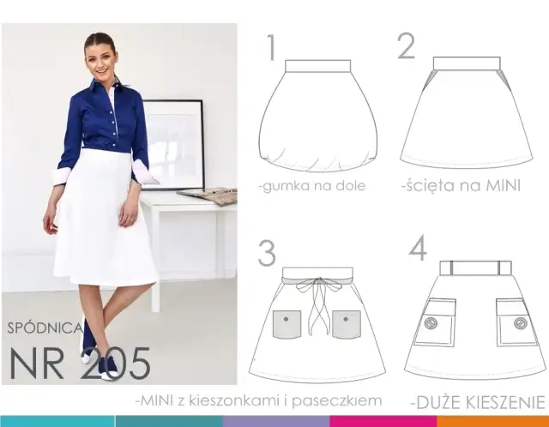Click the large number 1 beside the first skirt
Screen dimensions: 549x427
271,48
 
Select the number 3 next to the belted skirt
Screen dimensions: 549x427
267,253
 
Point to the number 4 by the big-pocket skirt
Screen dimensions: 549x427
418,248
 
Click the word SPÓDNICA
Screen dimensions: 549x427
45,328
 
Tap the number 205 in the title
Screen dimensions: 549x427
116,364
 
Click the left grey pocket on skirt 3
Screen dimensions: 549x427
287,324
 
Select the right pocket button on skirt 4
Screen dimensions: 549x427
521,323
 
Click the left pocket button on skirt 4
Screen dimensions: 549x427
431,322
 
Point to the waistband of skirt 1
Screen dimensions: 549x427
318,66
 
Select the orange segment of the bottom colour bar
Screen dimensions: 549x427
493,421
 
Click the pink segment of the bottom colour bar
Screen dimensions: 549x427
383,421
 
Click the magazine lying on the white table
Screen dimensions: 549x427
208,195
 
